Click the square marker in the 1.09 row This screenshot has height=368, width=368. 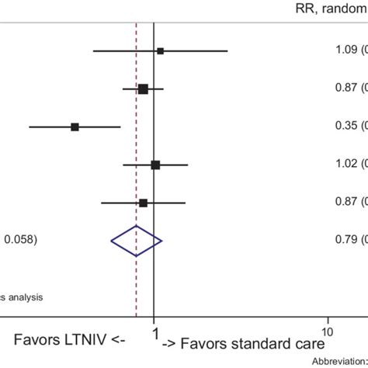click(161, 51)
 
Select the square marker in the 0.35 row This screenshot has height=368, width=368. click(75, 127)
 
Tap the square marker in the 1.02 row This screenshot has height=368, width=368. click(155, 165)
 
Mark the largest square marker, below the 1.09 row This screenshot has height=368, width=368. click(143, 89)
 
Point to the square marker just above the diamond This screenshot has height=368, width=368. click(143, 203)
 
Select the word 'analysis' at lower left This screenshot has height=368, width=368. click(26, 296)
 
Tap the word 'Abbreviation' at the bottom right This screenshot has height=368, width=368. click(338, 362)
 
